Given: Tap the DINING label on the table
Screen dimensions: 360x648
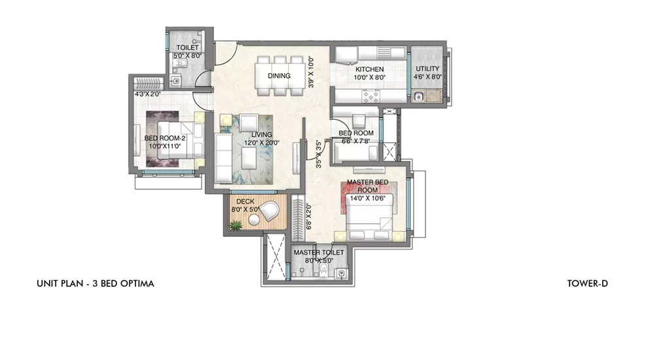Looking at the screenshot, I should pyautogui.click(x=279, y=76).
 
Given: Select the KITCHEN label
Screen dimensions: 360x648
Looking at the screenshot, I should pyautogui.click(x=369, y=69).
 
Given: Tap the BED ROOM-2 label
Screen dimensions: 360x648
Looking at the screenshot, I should pyautogui.click(x=164, y=138).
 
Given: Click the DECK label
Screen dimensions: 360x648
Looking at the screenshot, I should pyautogui.click(x=245, y=202).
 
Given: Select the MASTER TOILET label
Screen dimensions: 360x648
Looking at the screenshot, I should pyautogui.click(x=319, y=252).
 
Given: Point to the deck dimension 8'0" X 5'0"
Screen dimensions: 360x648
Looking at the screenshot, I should pyautogui.click(x=245, y=210).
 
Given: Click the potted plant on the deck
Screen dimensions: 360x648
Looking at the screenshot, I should pyautogui.click(x=234, y=225).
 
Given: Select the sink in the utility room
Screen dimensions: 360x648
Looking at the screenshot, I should pyautogui.click(x=419, y=98).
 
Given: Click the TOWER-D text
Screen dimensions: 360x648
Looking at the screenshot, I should pyautogui.click(x=588, y=284).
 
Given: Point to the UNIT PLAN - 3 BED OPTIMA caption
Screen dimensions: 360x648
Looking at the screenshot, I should pyautogui.click(x=95, y=284).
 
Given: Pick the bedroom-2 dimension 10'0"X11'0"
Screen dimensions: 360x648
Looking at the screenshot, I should pyautogui.click(x=164, y=147).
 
